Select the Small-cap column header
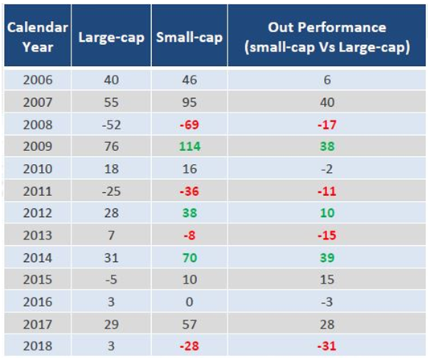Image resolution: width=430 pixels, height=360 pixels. coord(189,37)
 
